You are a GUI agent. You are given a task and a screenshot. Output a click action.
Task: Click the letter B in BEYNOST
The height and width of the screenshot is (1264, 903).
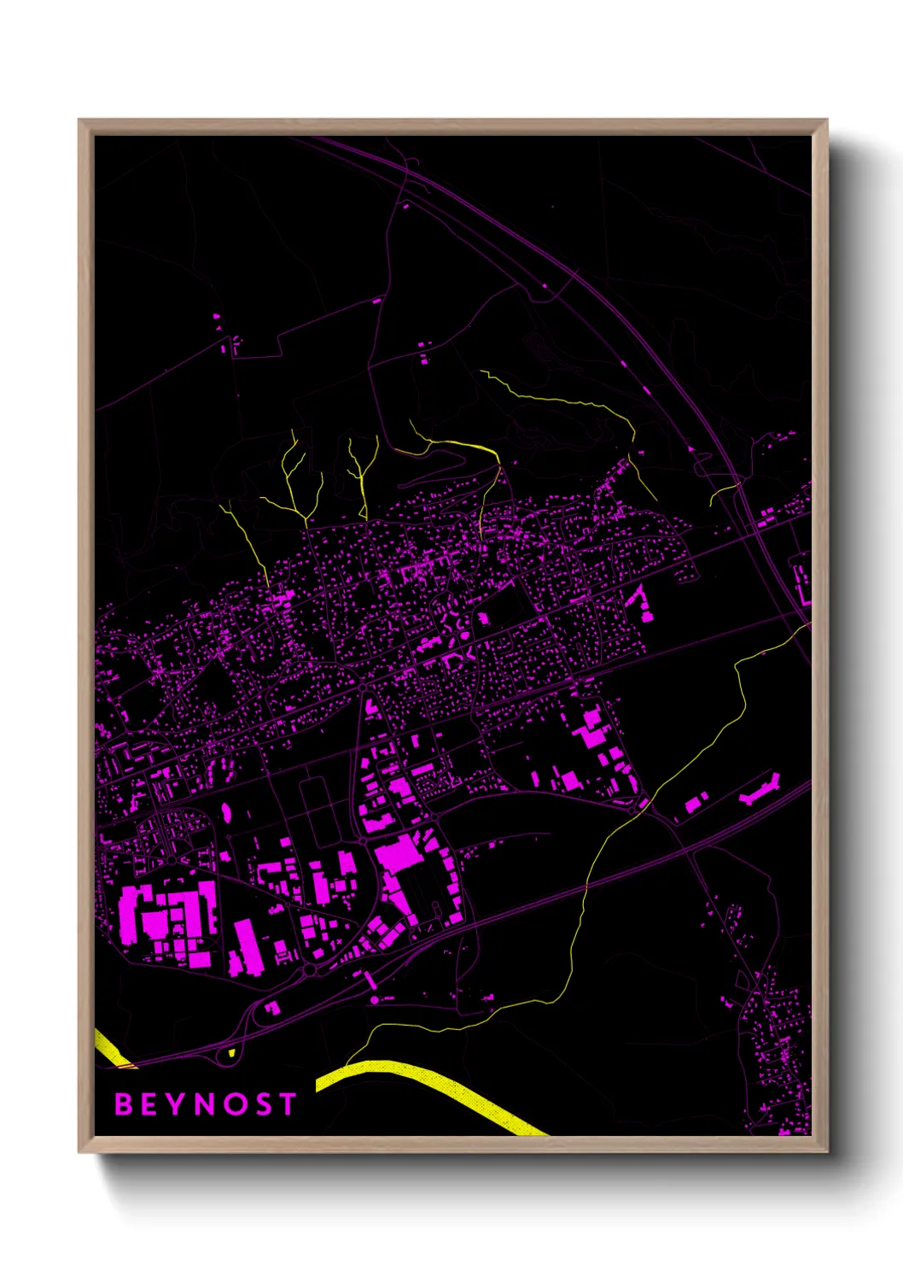(124, 1104)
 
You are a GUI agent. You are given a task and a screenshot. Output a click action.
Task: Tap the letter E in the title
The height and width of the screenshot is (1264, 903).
(149, 1104)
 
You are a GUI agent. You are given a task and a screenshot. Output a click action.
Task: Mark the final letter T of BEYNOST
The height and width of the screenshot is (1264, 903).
(287, 1104)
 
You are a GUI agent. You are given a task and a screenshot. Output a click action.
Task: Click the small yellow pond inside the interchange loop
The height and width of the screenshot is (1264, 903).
(231, 1053)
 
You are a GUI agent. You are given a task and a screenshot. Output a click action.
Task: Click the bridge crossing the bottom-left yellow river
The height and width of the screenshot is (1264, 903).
(125, 1064)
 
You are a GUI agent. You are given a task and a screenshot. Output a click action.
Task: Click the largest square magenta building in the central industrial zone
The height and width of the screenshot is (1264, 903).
(399, 853)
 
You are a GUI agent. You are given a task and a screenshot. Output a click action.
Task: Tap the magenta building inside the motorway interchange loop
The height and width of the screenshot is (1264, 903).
(272, 1008)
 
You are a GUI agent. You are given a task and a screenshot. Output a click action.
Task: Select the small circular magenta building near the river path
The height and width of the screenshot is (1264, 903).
(374, 998)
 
